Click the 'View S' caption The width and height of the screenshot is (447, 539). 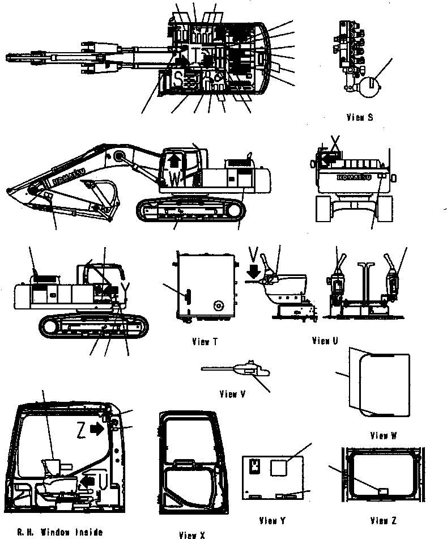(x=359, y=118)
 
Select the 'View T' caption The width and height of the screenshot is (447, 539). (x=205, y=342)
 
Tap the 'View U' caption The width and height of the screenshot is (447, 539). (x=325, y=341)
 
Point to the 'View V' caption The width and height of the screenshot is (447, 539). (x=232, y=394)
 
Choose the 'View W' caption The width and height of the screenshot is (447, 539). (x=383, y=436)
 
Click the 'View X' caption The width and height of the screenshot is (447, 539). (x=191, y=534)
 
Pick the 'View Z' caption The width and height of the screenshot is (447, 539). (x=384, y=520)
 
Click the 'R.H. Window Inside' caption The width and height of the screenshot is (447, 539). (x=59, y=532)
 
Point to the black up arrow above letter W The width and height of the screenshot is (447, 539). (x=174, y=161)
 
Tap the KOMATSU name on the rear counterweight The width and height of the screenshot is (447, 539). (x=354, y=177)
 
